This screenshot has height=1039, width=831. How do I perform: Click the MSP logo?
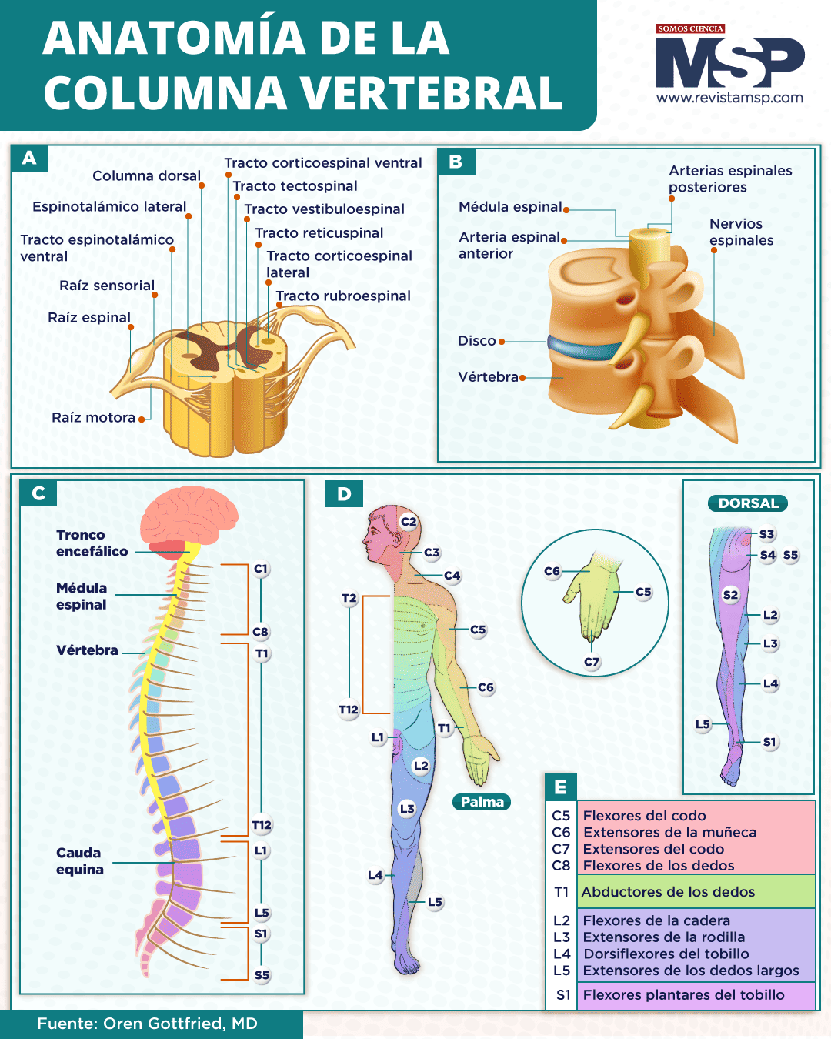729,63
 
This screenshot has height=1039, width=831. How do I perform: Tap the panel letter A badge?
29,159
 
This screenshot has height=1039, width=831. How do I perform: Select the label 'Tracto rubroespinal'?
343,296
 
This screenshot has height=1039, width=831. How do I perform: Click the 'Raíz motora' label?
93,418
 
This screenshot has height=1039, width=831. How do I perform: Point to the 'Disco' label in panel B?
477,341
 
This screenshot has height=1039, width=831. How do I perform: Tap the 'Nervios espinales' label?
741,232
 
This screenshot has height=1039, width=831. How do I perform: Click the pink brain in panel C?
189,516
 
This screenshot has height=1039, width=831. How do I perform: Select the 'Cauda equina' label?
79,861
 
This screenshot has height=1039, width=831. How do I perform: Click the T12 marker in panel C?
262,825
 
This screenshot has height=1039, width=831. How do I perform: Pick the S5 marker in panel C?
262,975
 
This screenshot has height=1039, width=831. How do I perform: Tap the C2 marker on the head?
409,522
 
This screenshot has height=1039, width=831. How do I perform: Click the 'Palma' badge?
482,802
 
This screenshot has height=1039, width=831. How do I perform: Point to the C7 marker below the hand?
591,662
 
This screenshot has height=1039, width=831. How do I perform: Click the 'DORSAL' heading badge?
748,503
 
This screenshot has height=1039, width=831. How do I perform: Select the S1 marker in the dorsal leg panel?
769,742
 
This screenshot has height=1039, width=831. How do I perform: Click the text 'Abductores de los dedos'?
668,892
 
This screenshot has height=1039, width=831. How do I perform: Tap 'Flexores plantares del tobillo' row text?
683,995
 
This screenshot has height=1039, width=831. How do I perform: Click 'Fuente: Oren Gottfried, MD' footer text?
147,1024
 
